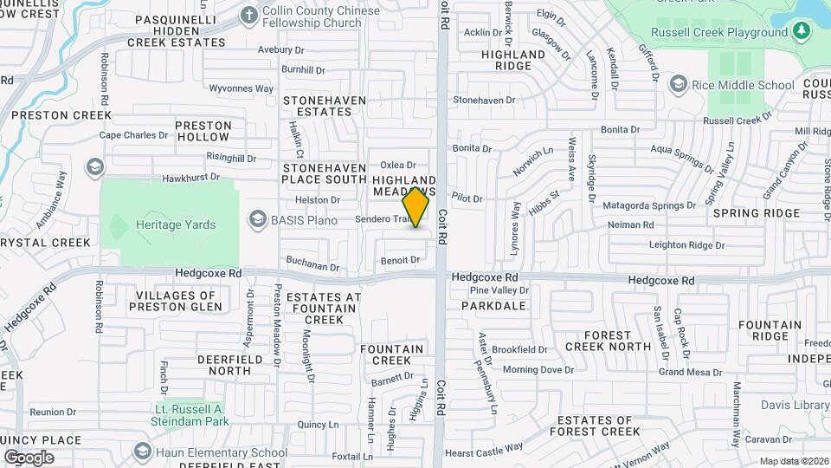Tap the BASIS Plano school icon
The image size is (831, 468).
pyautogui.click(x=257, y=219)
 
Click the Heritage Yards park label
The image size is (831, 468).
pyautogui.click(x=176, y=224)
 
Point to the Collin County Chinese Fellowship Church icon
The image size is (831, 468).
pyautogui.click(x=249, y=15)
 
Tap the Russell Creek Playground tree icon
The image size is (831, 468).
pyautogui.click(x=802, y=31)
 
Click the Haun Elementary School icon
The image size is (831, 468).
pyautogui.click(x=141, y=452)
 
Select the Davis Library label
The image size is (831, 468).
pyautogui.click(x=796, y=405)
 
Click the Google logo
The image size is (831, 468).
pyautogui.click(x=29, y=457)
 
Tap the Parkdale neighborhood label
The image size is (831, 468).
pyautogui.click(x=493, y=306)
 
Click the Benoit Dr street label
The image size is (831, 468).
pyautogui.click(x=400, y=260)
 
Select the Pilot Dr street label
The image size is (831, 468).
pyautogui.click(x=467, y=198)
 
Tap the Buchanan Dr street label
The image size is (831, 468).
pyautogui.click(x=312, y=266)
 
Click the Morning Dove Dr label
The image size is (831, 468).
pyautogui.click(x=538, y=369)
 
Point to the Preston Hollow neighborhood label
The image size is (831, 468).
pyautogui.click(x=203, y=131)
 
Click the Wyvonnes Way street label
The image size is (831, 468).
pyautogui.click(x=242, y=88)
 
